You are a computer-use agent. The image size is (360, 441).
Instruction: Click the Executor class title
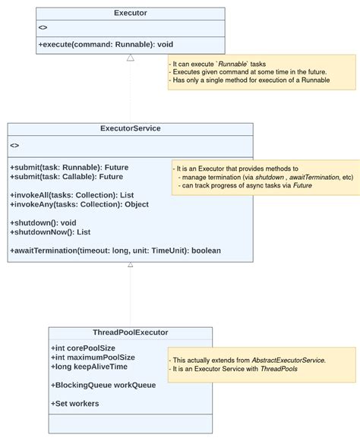(131, 14)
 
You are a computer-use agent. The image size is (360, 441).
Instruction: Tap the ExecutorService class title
(130, 129)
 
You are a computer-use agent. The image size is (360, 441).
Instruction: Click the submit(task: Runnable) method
(69, 167)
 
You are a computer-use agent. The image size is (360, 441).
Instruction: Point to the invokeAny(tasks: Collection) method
(79, 204)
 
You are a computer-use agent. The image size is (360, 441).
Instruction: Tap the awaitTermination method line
(115, 250)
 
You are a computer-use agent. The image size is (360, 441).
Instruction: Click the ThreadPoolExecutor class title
(130, 332)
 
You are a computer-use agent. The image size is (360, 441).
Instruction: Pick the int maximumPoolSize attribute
(93, 358)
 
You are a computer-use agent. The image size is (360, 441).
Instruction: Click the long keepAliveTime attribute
(90, 367)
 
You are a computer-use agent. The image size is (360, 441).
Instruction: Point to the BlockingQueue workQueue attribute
(103, 385)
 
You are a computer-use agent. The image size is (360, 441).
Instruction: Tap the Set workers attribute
(75, 403)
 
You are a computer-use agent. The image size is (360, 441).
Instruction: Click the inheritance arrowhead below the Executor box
(131, 58)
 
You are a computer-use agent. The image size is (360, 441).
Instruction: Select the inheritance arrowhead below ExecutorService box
(131, 265)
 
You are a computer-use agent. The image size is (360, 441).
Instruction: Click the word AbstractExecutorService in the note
(288, 360)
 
